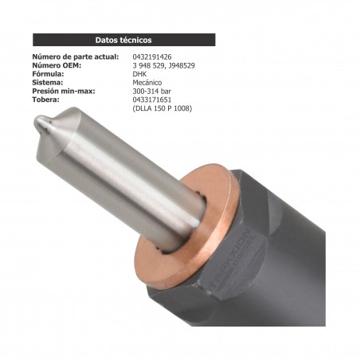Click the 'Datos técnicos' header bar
coord(123,39)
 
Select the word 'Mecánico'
coord(147,83)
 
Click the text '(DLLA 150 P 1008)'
coord(162,108)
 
